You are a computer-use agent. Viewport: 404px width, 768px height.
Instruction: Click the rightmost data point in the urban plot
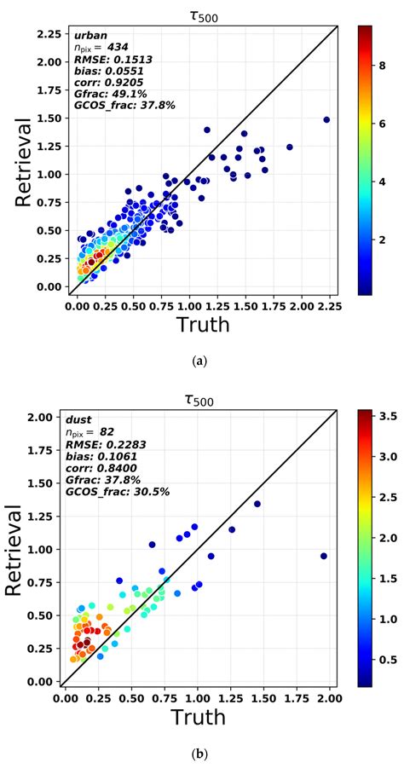(x=326, y=119)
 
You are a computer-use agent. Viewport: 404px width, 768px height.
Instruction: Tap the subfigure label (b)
(x=200, y=754)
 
